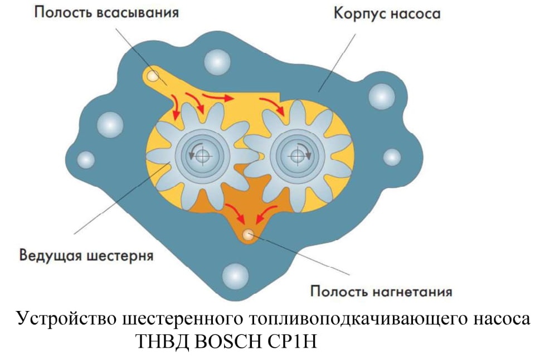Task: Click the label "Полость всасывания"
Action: (x=106, y=13)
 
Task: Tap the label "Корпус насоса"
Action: (x=387, y=14)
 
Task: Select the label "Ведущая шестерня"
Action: (x=86, y=256)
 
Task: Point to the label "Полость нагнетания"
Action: (x=381, y=291)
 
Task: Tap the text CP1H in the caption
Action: (x=291, y=342)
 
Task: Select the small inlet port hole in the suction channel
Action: (x=153, y=75)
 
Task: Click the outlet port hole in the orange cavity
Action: (x=247, y=235)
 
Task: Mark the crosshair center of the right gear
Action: (x=297, y=156)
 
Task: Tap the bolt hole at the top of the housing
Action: (x=217, y=62)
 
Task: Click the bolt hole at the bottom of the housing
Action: (x=235, y=276)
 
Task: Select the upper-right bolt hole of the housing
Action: (x=382, y=96)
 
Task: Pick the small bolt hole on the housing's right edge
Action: (x=392, y=158)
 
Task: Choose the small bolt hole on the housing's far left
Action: (x=86, y=160)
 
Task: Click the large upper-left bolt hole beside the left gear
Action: (x=110, y=124)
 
